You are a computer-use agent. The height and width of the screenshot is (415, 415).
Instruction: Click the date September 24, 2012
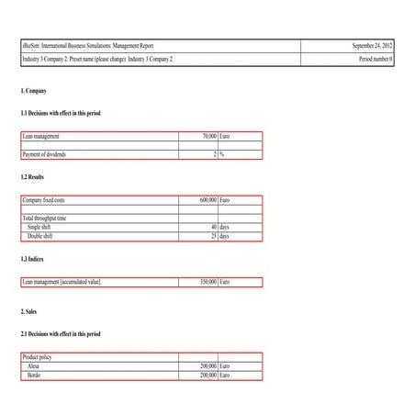tap(372, 45)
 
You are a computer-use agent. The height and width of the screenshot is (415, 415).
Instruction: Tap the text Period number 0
tap(376, 59)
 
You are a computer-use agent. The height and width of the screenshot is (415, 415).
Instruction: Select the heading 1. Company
tap(33, 91)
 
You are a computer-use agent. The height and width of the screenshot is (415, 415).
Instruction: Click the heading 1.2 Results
tap(32, 176)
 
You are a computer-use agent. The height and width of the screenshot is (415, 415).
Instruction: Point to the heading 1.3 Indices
tap(32, 260)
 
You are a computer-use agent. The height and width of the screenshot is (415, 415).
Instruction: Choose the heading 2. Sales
tap(29, 311)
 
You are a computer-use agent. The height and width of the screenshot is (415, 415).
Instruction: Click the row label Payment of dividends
tap(44, 154)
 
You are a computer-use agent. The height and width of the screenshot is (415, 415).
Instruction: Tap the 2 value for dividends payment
tap(214, 154)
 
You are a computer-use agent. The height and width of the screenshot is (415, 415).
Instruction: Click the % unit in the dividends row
tap(222, 154)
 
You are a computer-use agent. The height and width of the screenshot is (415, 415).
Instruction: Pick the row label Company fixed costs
tap(44, 199)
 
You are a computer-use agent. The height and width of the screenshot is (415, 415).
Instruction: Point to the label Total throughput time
tap(44, 218)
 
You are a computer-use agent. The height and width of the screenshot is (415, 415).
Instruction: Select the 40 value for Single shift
tap(213, 227)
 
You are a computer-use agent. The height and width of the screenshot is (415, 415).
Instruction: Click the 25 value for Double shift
tap(213, 236)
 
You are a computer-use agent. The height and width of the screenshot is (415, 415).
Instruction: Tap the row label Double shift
tap(39, 236)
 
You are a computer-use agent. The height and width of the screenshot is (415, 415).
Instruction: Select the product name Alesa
tap(34, 365)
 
